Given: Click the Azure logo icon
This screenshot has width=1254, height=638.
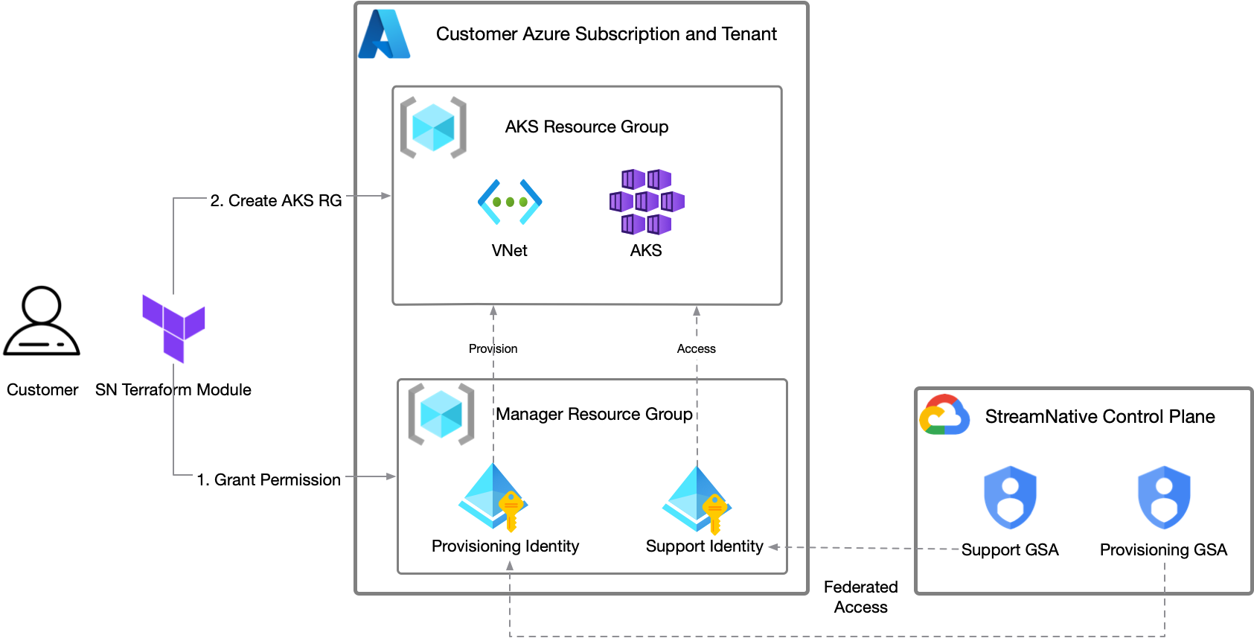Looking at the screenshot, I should (384, 34).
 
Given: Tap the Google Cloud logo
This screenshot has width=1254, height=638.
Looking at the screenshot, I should (944, 415).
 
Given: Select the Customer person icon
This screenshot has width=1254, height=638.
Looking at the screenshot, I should (42, 322).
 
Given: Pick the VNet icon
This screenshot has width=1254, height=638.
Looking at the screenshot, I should (510, 202).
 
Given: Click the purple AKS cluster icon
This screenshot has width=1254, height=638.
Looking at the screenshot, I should (646, 202).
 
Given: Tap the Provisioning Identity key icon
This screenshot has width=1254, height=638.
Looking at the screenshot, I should (493, 497).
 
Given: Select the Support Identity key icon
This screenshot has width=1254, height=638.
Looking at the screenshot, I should (697, 500).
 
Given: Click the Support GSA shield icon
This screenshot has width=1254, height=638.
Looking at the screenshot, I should (1010, 497).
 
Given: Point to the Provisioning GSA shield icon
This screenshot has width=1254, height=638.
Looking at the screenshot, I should (1164, 497).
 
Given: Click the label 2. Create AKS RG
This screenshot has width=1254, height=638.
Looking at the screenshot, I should (276, 201).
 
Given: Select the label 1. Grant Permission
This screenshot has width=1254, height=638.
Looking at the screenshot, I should (269, 480).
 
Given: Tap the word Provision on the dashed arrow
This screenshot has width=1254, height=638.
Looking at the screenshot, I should (493, 348).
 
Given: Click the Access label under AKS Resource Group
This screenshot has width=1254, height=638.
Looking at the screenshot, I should (696, 348).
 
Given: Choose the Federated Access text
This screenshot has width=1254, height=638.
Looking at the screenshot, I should (861, 597).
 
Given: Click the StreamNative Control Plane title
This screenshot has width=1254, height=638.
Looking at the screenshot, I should (1100, 417).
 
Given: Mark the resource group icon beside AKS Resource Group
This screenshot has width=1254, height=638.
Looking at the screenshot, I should (433, 127).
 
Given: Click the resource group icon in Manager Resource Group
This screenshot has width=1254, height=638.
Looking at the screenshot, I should (441, 415).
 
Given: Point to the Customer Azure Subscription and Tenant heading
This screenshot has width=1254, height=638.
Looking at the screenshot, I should (606, 34).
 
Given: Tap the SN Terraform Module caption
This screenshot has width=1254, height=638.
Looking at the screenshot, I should (173, 390).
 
